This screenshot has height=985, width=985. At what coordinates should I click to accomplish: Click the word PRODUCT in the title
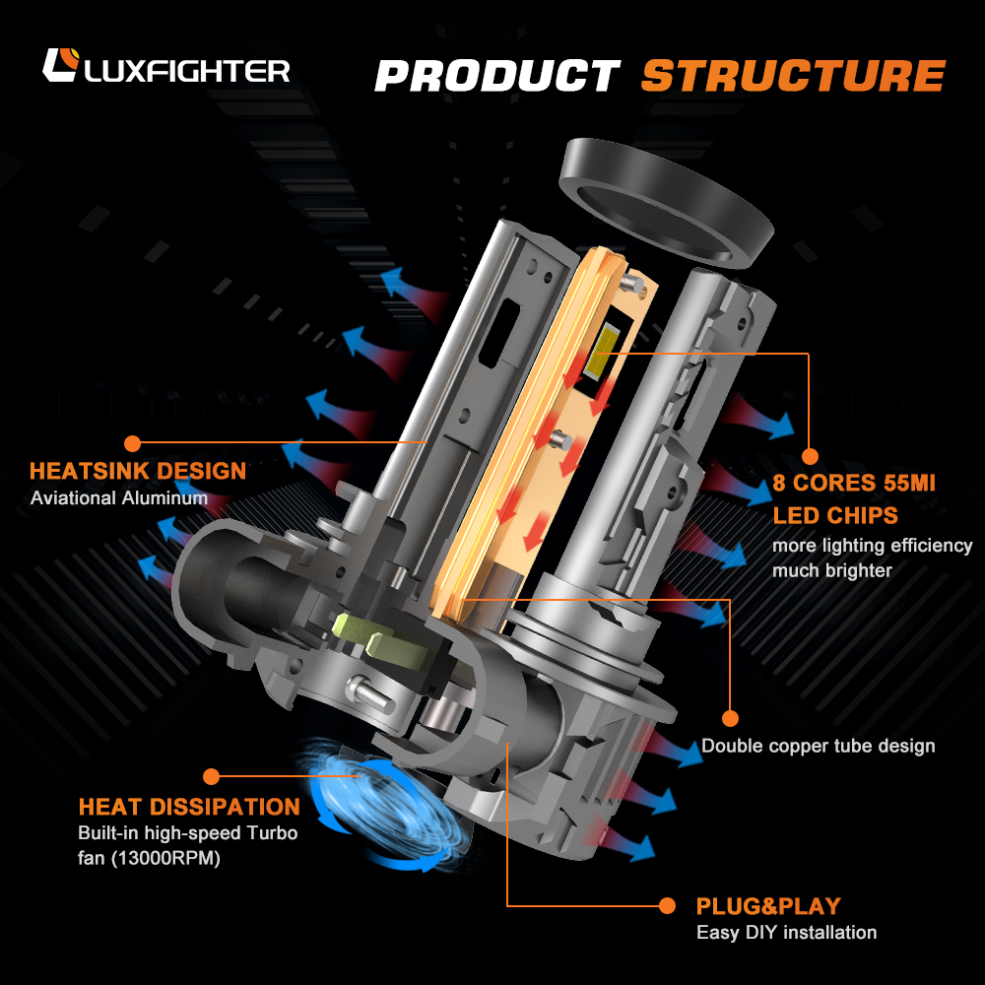(x=496, y=76)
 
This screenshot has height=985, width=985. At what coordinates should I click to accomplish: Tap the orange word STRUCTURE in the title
(x=792, y=76)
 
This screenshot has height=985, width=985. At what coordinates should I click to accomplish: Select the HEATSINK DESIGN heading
(x=138, y=471)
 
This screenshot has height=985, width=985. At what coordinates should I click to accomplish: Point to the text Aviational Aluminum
(x=119, y=498)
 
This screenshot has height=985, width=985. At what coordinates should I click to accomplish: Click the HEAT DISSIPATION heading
(x=189, y=808)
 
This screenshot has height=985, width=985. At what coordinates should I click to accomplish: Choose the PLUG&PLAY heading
(x=768, y=906)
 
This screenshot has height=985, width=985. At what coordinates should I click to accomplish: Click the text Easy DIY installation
(x=786, y=932)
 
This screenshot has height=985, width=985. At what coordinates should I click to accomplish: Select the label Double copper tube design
(x=818, y=746)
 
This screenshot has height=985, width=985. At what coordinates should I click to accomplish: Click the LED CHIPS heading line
(x=835, y=515)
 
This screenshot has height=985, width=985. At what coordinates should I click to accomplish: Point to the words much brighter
(x=832, y=570)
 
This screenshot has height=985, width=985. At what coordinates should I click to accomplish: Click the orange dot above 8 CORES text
(x=810, y=456)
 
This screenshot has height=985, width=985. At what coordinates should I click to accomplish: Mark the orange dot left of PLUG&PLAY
(x=668, y=905)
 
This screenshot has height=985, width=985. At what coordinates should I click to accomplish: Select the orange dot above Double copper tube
(x=730, y=718)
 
